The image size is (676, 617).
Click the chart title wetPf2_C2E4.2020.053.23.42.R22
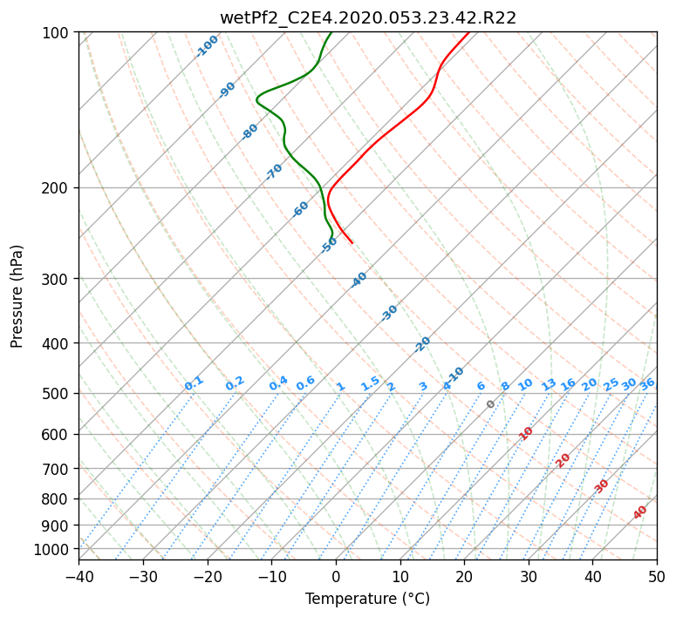[x=368, y=18]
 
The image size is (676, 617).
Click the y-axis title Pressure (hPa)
[x=17, y=296]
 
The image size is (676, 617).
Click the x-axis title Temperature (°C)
[x=368, y=599]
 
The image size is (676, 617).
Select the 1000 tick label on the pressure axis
[x=58, y=550]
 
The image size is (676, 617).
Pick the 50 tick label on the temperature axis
[x=657, y=576]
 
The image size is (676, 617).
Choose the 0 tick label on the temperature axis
[x=336, y=576]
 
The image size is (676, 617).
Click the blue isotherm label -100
[x=207, y=46]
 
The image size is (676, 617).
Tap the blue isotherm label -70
[x=274, y=172]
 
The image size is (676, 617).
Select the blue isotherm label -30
[x=389, y=313]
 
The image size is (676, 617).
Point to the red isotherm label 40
[x=640, y=512]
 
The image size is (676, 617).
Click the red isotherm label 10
[x=526, y=433]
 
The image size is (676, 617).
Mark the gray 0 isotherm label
[x=490, y=404]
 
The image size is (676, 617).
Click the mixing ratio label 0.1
[x=194, y=383]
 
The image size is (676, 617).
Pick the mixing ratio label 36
[x=648, y=384]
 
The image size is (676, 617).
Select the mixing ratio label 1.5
[x=371, y=383]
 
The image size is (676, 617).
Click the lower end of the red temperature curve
[x=352, y=243]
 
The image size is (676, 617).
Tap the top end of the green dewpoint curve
[x=331, y=32]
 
